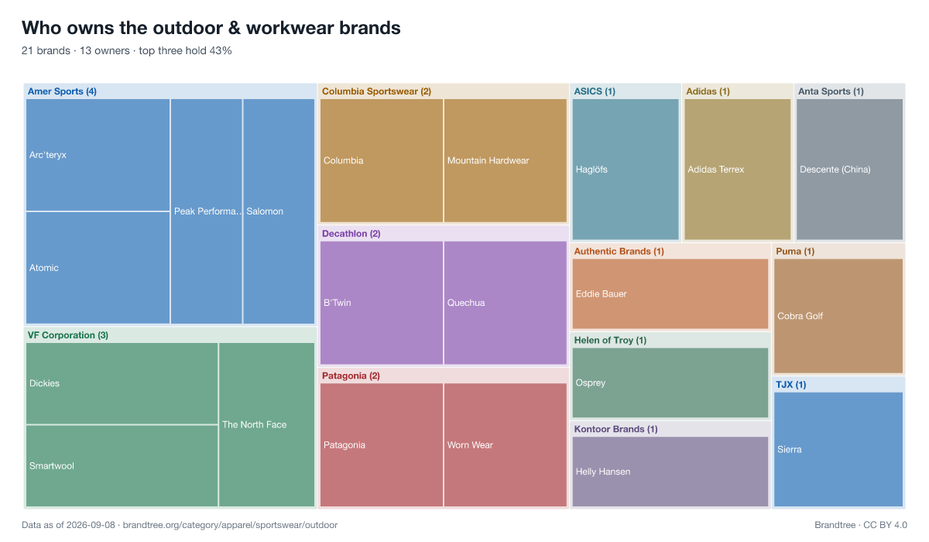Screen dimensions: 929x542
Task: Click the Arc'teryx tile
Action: tap(98, 155)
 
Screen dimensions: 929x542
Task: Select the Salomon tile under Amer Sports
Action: tap(279, 211)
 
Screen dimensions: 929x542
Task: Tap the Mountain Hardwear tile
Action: tap(505, 160)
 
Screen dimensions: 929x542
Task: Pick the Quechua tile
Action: tap(505, 303)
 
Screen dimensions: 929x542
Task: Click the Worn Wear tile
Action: tap(505, 445)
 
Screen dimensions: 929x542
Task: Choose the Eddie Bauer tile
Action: tap(670, 294)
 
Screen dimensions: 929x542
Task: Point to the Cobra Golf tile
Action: tap(838, 316)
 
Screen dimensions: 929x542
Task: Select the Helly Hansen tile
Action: tap(670, 472)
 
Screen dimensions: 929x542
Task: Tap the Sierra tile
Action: tap(838, 450)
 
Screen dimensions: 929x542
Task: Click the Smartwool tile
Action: tap(122, 465)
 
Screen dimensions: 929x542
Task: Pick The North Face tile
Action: tap(266, 424)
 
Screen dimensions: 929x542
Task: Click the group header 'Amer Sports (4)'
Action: tap(62, 91)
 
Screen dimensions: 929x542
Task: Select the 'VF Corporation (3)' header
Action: tap(68, 335)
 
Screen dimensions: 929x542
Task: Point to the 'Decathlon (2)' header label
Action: tap(351, 234)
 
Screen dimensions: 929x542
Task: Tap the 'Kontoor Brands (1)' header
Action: tap(616, 429)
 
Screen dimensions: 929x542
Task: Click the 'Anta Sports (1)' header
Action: tap(831, 91)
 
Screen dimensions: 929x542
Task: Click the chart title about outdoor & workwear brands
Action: tap(211, 28)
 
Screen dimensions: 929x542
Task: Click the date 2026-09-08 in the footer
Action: tap(91, 525)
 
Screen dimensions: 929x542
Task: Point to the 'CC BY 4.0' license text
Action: tap(885, 525)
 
